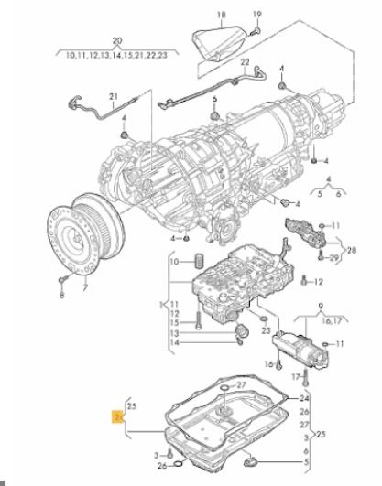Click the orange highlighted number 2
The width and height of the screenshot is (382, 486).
click(x=117, y=416)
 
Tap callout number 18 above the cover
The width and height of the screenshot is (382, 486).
click(x=222, y=15)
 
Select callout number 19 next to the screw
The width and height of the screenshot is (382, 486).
click(x=257, y=14)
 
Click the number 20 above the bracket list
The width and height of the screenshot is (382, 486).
click(x=117, y=40)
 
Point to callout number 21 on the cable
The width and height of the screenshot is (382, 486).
click(x=114, y=96)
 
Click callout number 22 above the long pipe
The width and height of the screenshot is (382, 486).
click(x=246, y=62)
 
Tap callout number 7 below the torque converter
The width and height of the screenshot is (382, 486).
click(x=85, y=287)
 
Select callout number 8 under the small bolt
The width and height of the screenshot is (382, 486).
click(x=62, y=295)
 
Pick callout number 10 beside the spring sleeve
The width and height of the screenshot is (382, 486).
click(x=174, y=262)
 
